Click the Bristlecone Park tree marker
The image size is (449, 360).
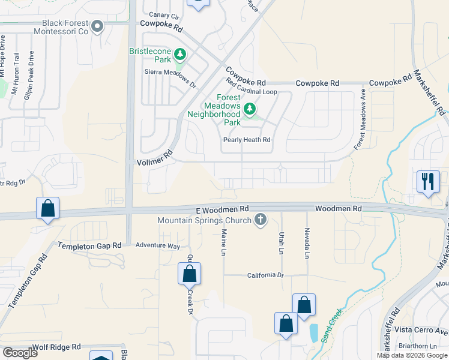(x=179, y=56)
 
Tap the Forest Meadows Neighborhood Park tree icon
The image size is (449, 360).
(x=249, y=109)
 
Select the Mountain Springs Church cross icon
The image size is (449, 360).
(x=261, y=220)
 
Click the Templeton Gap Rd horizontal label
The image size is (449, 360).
(x=89, y=245)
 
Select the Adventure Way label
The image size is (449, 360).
(x=157, y=245)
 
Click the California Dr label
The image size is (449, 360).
(x=265, y=275)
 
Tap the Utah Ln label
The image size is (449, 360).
(x=281, y=244)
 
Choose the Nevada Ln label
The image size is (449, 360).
(x=307, y=244)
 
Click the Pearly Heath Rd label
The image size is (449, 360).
(x=247, y=140)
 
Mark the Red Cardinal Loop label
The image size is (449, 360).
(x=251, y=88)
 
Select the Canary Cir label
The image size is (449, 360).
(x=164, y=15)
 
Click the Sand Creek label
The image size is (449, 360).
(x=331, y=325)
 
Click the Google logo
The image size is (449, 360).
(x=19, y=353)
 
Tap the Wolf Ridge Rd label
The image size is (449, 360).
(x=57, y=347)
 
